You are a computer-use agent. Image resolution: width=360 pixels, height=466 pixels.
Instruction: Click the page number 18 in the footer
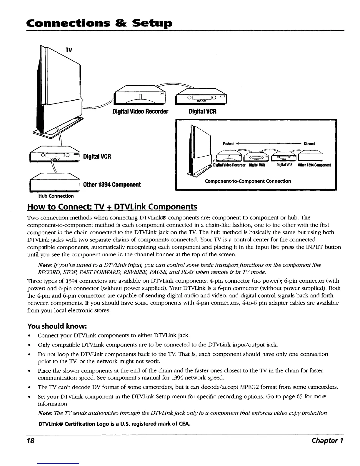(31, 441)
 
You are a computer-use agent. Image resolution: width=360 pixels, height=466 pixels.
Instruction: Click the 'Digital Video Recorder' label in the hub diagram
(140, 112)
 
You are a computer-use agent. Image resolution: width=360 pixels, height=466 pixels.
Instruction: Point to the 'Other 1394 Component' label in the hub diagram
(112, 185)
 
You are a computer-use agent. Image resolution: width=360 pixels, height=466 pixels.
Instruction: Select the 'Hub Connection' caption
(55, 196)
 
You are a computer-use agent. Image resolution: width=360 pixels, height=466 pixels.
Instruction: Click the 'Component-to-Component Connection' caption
(248, 181)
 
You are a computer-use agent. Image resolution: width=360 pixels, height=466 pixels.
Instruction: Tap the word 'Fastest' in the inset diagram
(228, 144)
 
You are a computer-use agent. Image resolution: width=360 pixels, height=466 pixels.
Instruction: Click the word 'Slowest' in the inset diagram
(309, 144)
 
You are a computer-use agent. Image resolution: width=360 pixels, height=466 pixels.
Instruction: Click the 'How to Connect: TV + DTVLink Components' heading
(112, 207)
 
